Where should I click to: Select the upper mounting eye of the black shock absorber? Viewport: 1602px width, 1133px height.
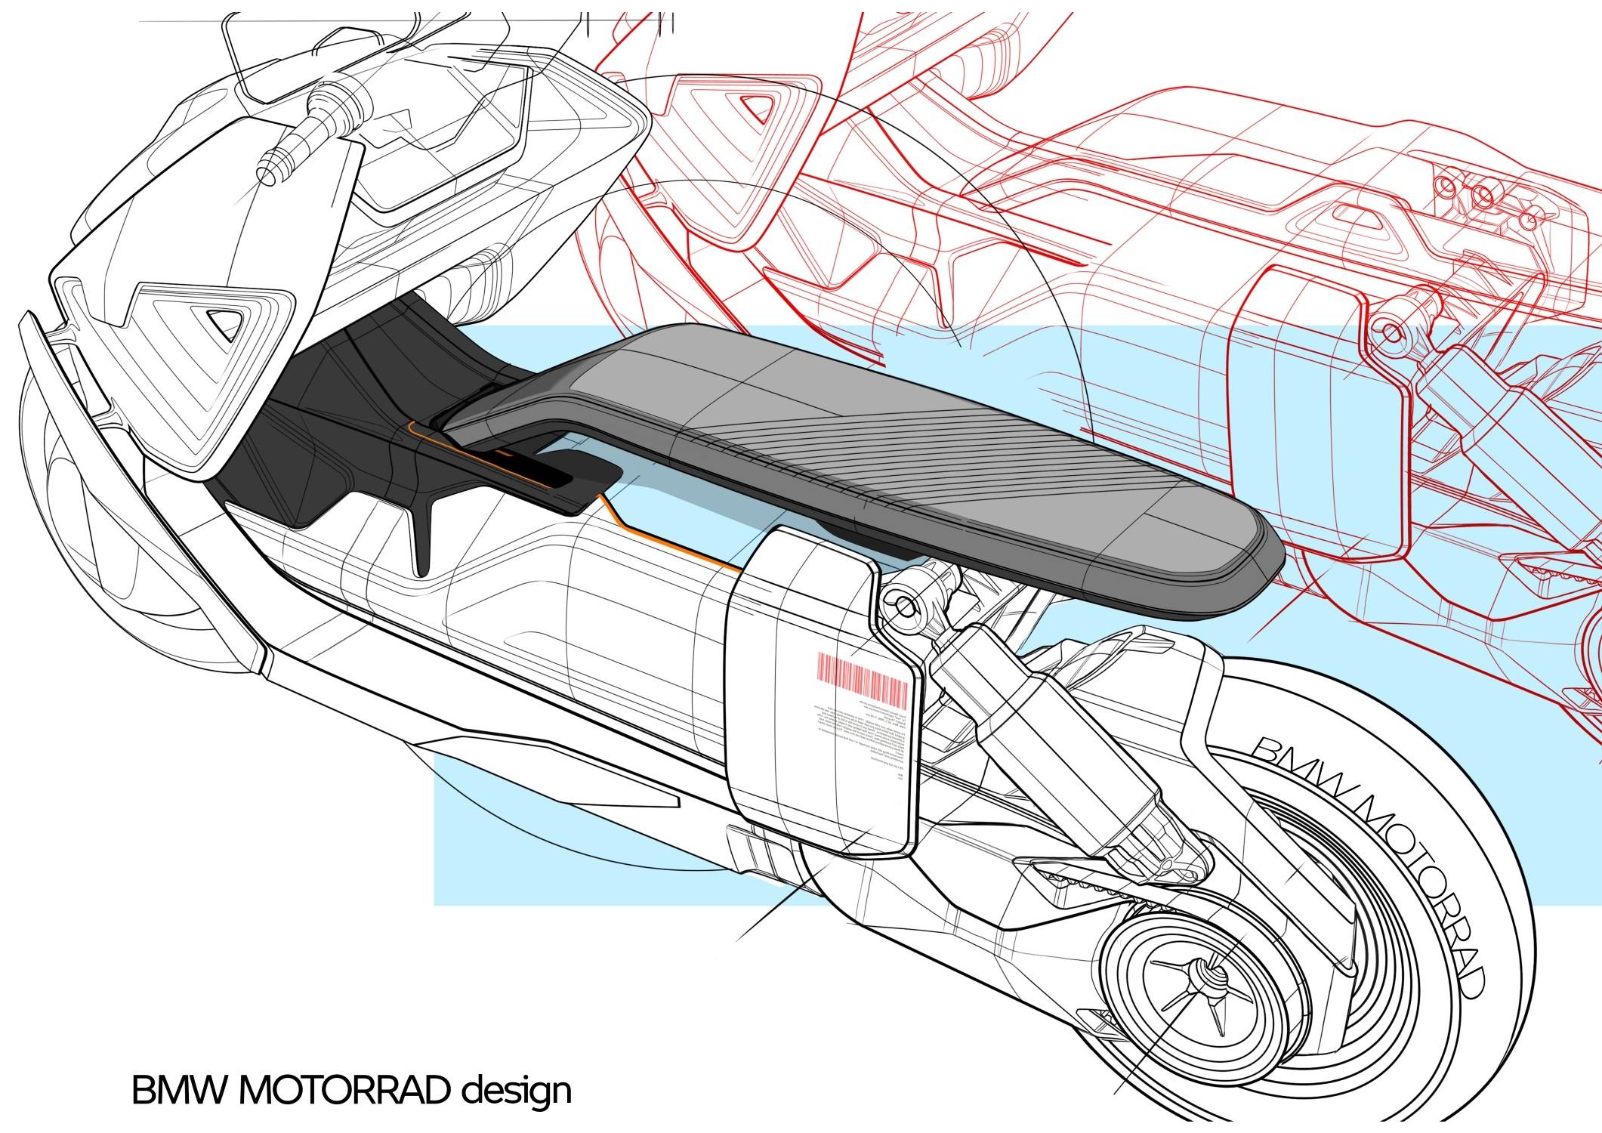coord(904,603)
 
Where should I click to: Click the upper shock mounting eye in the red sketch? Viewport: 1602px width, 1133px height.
coord(1388,329)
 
